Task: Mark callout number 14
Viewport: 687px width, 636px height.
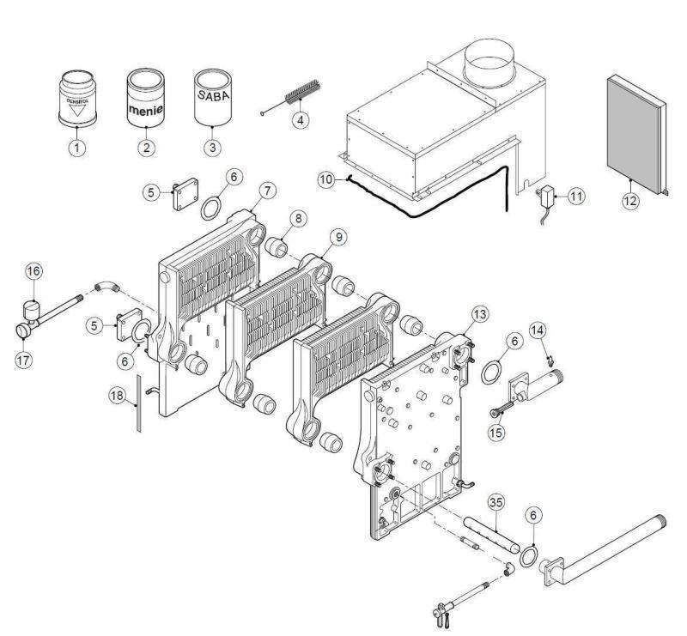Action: tap(538, 330)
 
